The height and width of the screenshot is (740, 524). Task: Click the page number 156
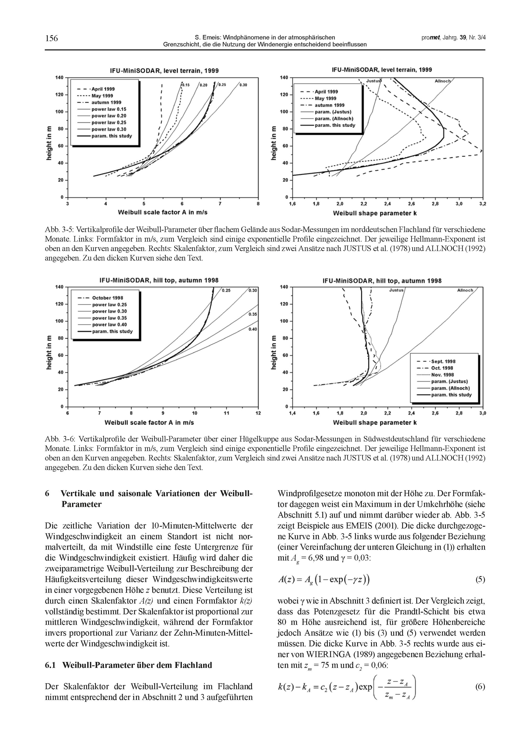click(x=51, y=38)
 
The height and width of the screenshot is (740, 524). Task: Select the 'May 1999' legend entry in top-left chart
click(x=102, y=96)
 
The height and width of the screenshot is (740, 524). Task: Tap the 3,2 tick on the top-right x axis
click(x=483, y=204)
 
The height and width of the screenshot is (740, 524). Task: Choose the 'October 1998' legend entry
click(x=107, y=298)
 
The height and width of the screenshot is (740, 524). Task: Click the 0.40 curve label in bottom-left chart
click(x=253, y=329)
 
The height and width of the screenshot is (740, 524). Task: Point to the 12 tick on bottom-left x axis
click(x=258, y=413)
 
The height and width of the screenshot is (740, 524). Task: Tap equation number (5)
click(x=480, y=580)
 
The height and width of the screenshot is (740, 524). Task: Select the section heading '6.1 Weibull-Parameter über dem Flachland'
click(x=128, y=665)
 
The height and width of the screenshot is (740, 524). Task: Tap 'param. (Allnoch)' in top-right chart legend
click(x=334, y=119)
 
